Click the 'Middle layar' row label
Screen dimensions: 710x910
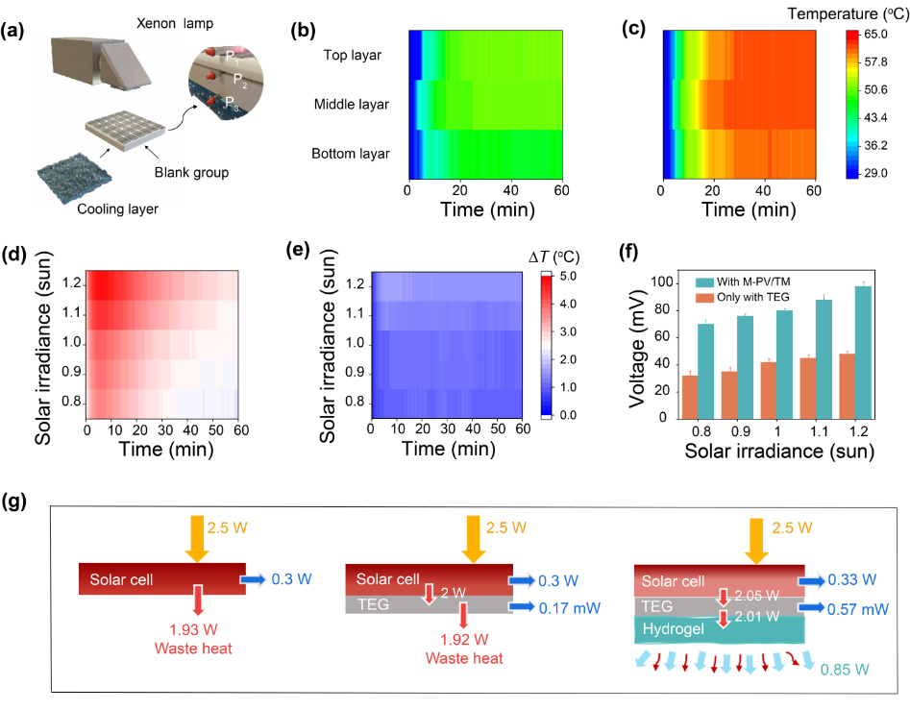(x=352, y=104)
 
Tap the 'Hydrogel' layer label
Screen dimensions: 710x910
(x=671, y=630)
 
